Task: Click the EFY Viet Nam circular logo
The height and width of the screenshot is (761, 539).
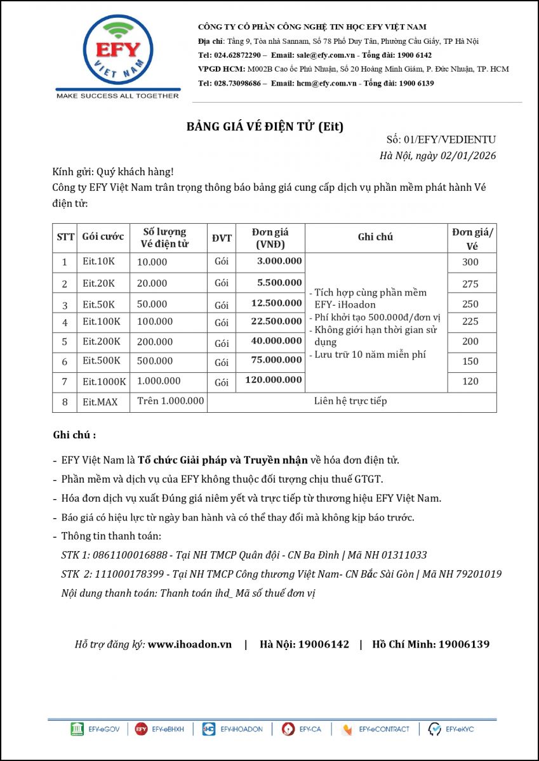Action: (x=118, y=51)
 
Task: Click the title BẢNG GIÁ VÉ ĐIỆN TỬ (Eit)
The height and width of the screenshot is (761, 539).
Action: (x=265, y=126)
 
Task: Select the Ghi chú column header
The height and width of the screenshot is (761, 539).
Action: (x=375, y=237)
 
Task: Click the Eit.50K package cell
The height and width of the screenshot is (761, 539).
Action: (x=98, y=304)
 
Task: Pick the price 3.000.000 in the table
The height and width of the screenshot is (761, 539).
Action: (x=279, y=261)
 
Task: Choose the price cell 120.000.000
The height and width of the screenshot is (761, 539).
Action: (x=274, y=380)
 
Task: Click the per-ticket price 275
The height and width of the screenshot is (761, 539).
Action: (x=470, y=283)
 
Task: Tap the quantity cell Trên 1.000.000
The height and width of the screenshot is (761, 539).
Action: (x=170, y=401)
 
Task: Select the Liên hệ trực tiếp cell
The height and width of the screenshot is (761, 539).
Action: (x=350, y=401)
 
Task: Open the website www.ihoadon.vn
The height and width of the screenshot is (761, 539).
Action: (x=190, y=644)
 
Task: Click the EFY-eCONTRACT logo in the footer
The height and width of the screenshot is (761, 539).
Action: (x=375, y=729)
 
